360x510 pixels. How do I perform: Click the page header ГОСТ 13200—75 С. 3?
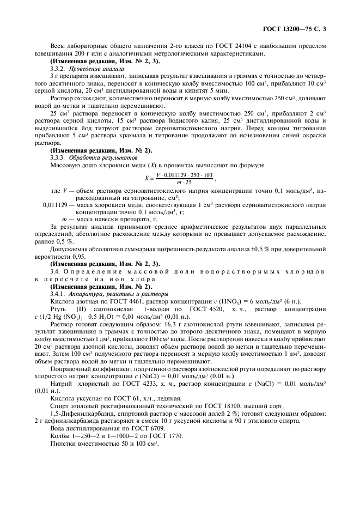click(298, 27)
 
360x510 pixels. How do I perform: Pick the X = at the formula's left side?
click(148, 177)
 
